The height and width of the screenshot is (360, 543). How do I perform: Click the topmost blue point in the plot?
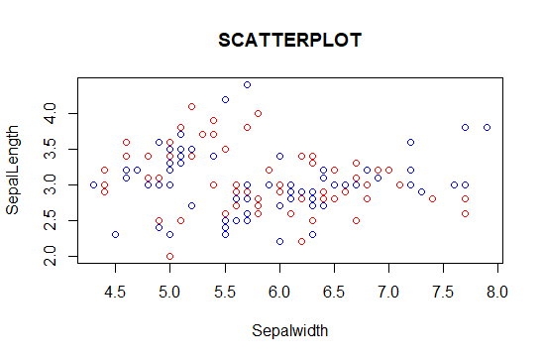point(247,85)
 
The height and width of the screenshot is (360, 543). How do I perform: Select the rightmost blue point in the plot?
point(488,128)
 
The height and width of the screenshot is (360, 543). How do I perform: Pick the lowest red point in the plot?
point(170,256)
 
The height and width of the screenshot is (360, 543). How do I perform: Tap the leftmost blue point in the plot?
point(93,184)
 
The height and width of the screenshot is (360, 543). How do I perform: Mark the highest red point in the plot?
point(192,106)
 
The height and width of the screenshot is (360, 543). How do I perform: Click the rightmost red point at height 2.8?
point(466,199)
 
